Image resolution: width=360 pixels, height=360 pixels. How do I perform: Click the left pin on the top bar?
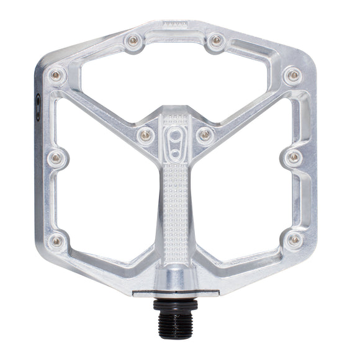pos(133,41)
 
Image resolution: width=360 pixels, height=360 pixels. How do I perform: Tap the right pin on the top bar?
pos(216,41)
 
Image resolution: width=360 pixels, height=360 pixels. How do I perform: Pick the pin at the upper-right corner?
pos(293,76)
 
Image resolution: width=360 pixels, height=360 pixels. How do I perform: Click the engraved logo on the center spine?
pos(176,140)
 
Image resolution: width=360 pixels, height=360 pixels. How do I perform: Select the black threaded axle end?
pos(175,320)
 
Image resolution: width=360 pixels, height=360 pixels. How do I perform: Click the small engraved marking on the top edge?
pos(174,23)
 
